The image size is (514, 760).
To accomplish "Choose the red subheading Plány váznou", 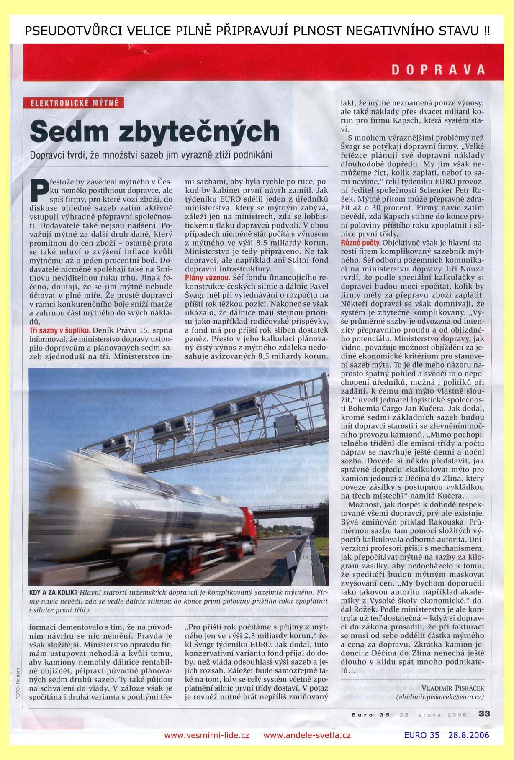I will click(208, 278).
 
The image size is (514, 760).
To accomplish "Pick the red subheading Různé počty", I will click(360, 243).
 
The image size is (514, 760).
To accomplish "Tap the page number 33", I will click(484, 714).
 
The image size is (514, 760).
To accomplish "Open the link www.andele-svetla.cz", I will click(307, 735).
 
